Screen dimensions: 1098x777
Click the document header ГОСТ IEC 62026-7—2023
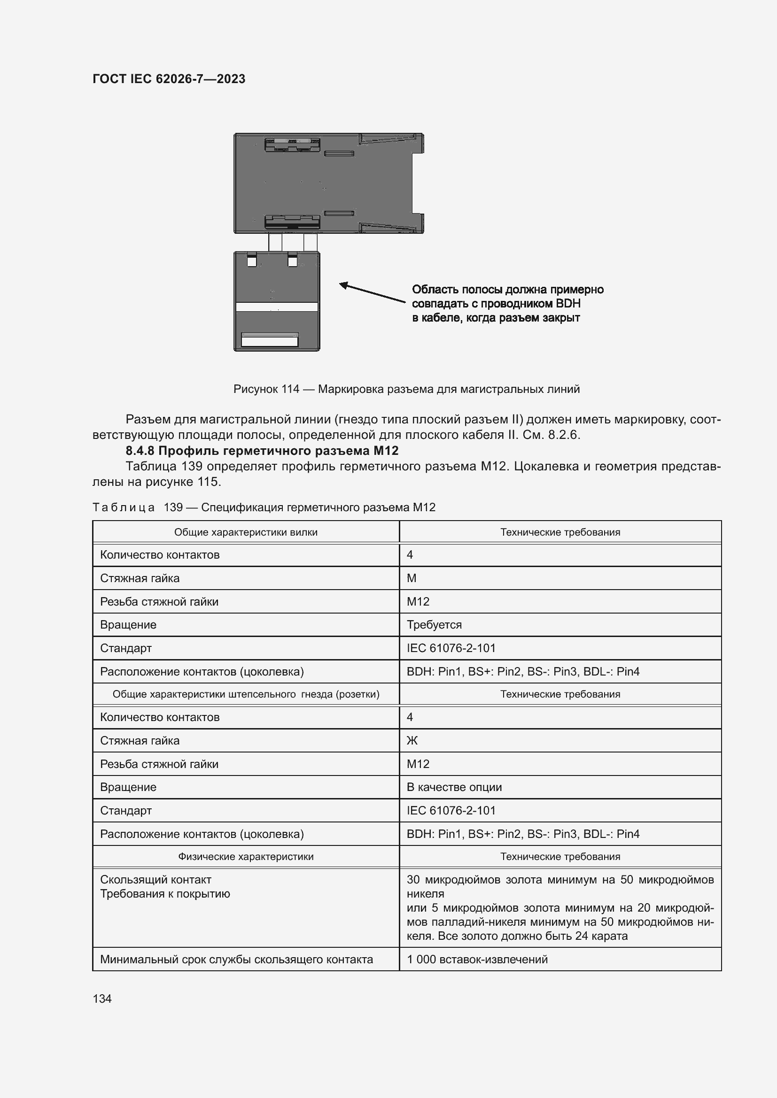point(169,79)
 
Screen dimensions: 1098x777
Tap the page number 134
point(102,998)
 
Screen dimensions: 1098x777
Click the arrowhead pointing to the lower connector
point(343,285)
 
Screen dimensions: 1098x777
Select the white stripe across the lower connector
point(277,307)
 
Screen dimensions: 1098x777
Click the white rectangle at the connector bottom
point(269,341)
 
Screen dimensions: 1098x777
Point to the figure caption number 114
point(290,389)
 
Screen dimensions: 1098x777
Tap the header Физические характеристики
point(245,857)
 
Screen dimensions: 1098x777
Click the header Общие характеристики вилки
point(245,532)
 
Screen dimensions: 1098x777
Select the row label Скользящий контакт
point(155,879)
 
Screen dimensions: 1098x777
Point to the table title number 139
point(173,507)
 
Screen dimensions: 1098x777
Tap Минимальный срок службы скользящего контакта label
point(236,960)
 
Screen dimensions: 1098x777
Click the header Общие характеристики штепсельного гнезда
point(245,694)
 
